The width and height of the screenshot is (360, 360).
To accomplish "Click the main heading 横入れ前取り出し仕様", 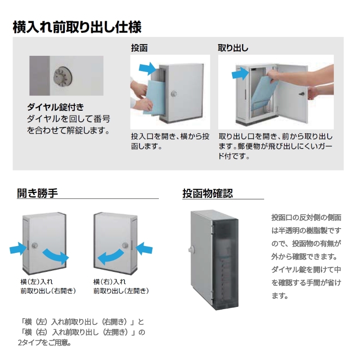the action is click(77, 27).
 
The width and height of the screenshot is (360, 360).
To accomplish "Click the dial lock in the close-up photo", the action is click(63, 76).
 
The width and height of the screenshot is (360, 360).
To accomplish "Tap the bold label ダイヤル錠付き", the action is click(55, 107).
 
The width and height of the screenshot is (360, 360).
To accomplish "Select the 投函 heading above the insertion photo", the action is click(139, 48).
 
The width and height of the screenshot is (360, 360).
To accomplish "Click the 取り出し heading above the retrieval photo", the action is click(233, 48).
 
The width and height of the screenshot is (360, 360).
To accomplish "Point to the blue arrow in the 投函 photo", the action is click(148, 68).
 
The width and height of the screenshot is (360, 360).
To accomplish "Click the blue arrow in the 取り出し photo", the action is click(240, 73).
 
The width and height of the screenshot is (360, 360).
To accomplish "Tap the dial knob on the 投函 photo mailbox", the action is click(174, 94).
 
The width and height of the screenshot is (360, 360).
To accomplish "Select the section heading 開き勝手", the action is click(37, 193).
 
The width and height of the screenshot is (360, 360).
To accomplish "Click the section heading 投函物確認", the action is click(207, 193).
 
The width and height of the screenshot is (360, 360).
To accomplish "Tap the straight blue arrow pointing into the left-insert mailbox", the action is click(18, 249).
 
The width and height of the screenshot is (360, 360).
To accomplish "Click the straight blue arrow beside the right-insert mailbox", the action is click(144, 249).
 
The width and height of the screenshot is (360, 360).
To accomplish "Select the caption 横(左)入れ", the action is click(36, 282).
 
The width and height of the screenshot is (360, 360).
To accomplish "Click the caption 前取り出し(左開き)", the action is click(121, 291).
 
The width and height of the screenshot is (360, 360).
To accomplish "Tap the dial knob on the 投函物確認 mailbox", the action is click(191, 249).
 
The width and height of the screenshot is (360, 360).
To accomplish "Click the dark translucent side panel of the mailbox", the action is click(225, 264).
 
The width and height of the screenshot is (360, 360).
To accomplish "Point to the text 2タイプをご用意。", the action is click(44, 342).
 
